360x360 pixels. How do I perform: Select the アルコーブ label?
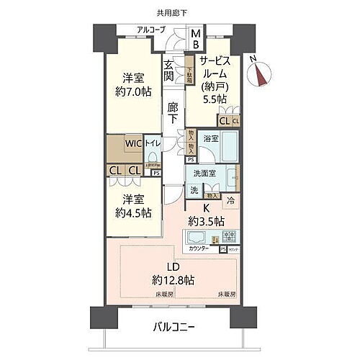tap(152, 30)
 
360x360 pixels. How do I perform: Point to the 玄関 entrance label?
tap(168, 71)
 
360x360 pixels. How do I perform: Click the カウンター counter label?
tap(200, 248)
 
